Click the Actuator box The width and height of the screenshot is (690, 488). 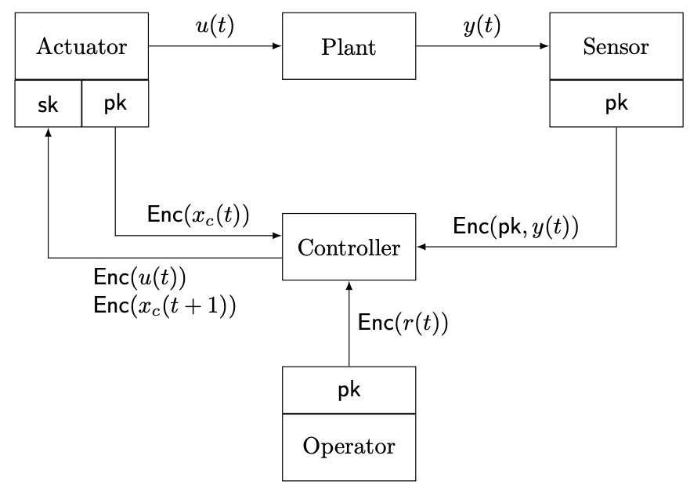coord(81,46)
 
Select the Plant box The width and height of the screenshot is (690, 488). coord(349,46)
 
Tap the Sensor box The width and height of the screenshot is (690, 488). coord(616,46)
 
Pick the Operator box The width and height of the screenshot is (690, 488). coord(349,447)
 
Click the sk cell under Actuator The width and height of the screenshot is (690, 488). coord(49,103)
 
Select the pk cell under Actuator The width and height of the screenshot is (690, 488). coord(115,103)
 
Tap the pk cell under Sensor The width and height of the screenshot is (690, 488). coord(616,103)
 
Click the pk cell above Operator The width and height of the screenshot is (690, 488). coord(349,390)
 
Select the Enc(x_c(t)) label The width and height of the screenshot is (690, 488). coord(198,215)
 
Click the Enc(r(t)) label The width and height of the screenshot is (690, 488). coord(403,322)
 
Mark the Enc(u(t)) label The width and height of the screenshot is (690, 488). coord(139,278)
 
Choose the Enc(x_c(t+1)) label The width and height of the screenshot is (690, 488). coord(164,304)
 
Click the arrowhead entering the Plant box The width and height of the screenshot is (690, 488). coord(277,46)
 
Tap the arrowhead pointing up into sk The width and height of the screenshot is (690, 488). coord(49,132)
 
